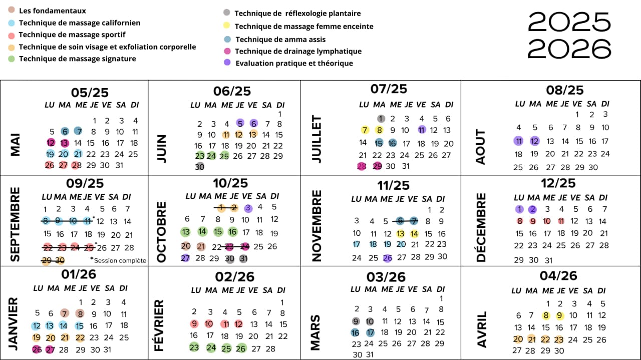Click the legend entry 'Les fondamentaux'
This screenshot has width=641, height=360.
[52, 11]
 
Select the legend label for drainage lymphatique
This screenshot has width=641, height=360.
[298, 51]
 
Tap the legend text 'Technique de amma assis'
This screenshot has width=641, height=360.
[280, 39]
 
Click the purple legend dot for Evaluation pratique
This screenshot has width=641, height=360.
[227, 63]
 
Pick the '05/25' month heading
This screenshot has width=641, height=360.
[90, 93]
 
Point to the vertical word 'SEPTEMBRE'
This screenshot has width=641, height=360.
[15, 224]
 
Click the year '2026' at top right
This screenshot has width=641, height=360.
[569, 49]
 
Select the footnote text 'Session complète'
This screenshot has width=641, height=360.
[120, 260]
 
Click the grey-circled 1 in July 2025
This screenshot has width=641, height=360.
[381, 119]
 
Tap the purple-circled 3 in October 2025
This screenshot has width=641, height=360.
[248, 208]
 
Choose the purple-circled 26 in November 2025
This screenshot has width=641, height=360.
[387, 258]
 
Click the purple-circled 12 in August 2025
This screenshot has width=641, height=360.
[534, 141]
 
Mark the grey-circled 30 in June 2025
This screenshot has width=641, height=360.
[200, 166]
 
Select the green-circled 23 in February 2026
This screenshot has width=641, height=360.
[194, 347]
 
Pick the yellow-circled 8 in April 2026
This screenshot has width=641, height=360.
[546, 315]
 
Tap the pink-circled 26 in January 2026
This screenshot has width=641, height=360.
[37, 349]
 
